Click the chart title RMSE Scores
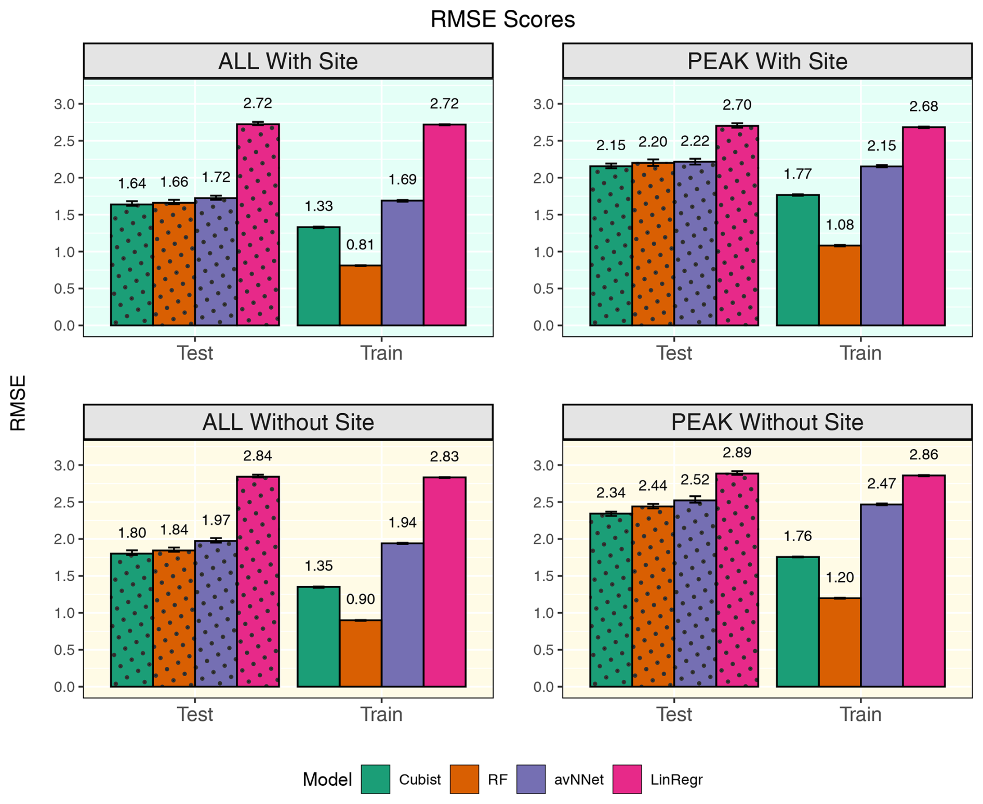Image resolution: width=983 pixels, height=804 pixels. point(502,20)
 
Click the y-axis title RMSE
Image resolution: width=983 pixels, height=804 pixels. point(18,403)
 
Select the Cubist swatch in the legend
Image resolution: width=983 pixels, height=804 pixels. point(375,779)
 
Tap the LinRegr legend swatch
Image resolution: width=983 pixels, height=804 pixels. point(627,779)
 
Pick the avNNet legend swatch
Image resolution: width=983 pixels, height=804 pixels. point(531,779)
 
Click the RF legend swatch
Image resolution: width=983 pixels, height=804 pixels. point(464,779)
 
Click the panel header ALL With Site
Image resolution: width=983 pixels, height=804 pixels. point(288,61)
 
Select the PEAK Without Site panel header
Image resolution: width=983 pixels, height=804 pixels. point(767,422)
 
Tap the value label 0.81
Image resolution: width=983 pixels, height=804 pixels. point(360,244)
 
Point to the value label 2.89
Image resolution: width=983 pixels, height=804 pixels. point(737,453)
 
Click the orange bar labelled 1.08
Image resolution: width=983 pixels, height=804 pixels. point(840,285)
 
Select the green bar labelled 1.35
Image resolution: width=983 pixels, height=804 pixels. point(318,637)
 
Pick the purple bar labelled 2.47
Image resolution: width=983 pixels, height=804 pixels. point(882,595)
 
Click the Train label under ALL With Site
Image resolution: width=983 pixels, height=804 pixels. point(381,353)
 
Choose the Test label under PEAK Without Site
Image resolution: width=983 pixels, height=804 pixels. point(674,714)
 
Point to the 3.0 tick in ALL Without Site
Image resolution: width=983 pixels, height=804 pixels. point(64,465)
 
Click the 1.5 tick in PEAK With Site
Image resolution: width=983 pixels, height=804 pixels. point(543,215)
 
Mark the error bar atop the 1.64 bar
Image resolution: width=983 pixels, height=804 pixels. point(132,204)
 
